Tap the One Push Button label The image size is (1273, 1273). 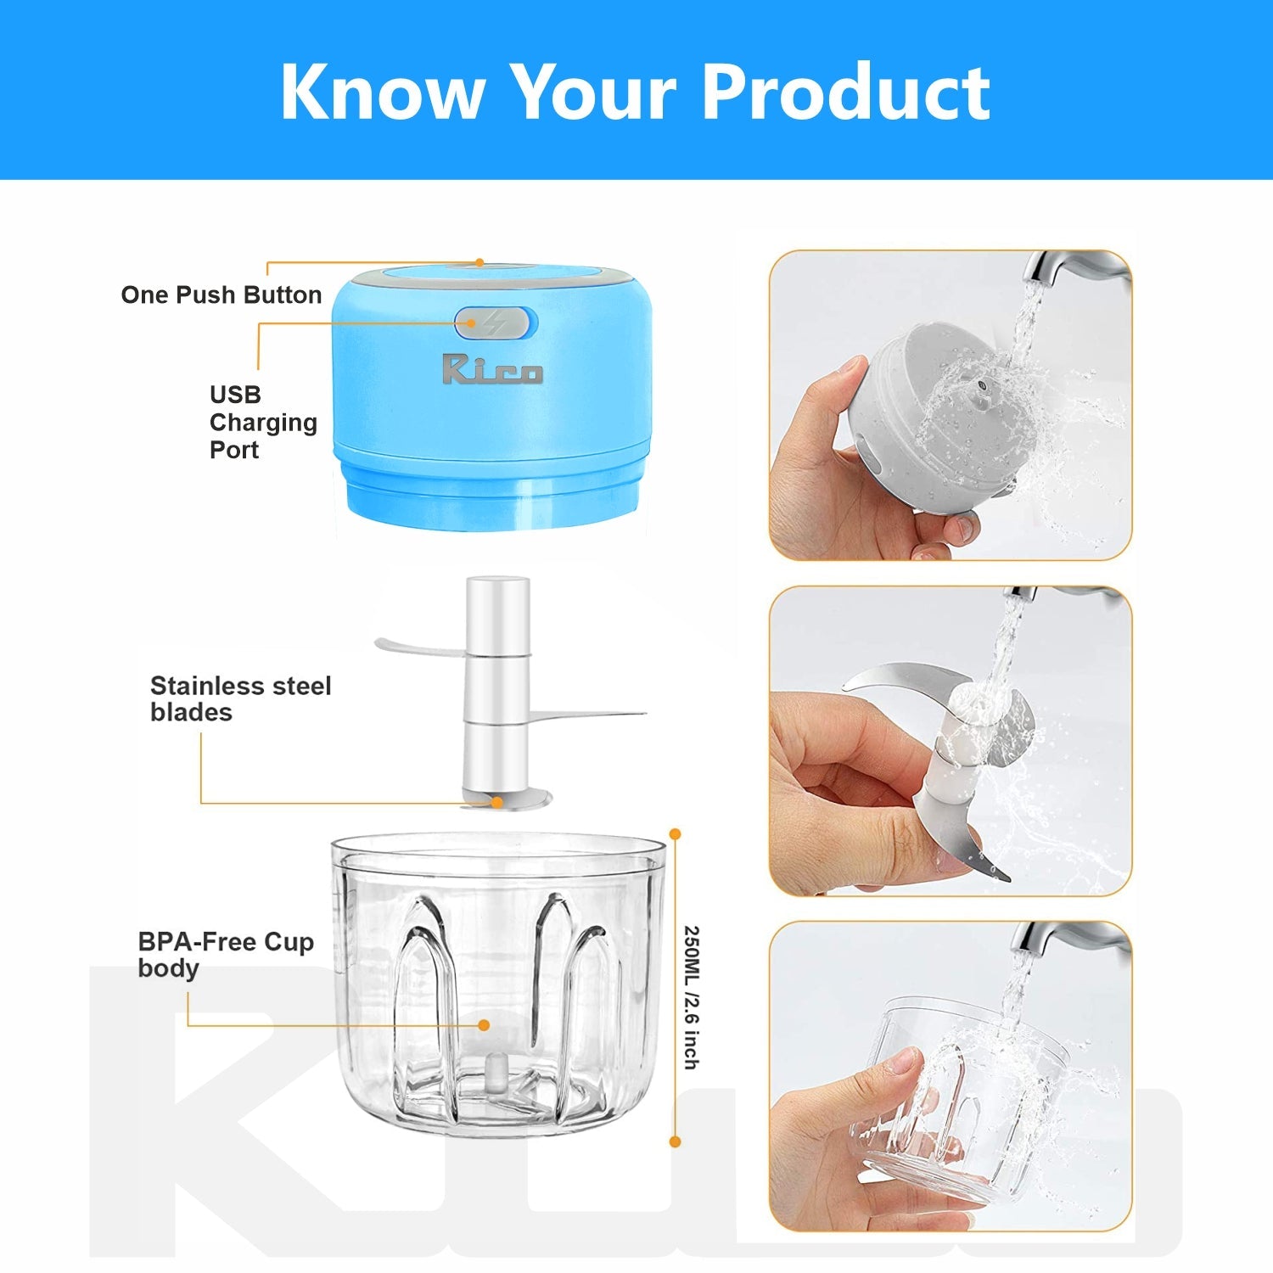[222, 294]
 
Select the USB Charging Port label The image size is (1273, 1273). [262, 422]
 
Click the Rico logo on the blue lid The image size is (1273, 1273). [491, 369]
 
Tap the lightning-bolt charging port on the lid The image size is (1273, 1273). [495, 323]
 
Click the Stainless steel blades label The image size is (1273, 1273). [240, 698]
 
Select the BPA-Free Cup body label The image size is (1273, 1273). [225, 954]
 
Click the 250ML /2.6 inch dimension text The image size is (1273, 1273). [692, 997]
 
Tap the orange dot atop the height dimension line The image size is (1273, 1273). [676, 834]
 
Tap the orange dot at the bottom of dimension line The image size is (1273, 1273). [676, 1142]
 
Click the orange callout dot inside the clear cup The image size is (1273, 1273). [484, 1025]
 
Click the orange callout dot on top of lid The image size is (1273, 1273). [479, 263]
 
